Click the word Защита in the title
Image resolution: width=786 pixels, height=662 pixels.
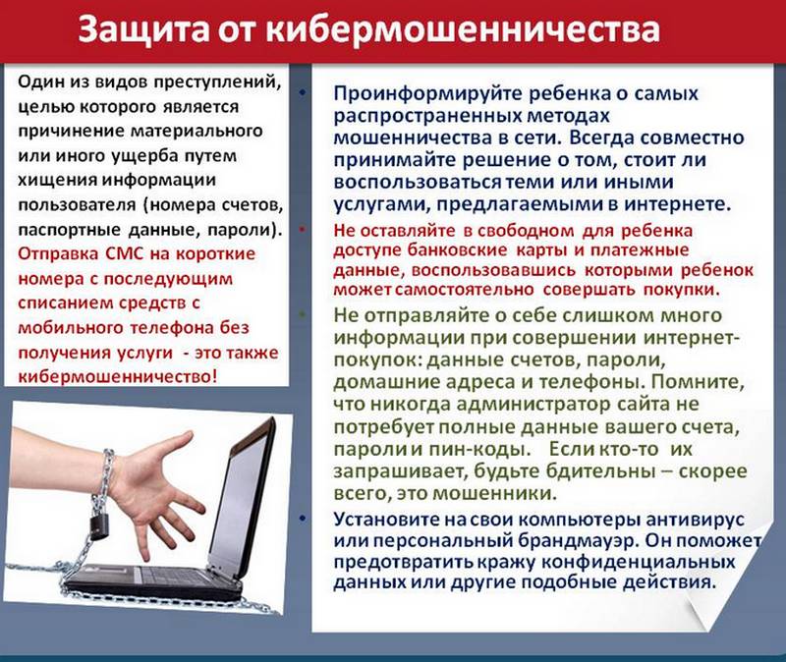pos(143,29)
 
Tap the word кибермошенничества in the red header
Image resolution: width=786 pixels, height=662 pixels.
pos(462,29)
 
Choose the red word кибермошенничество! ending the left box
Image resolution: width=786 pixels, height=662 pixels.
pos(118,376)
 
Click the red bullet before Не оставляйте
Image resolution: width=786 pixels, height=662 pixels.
pos(303,230)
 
